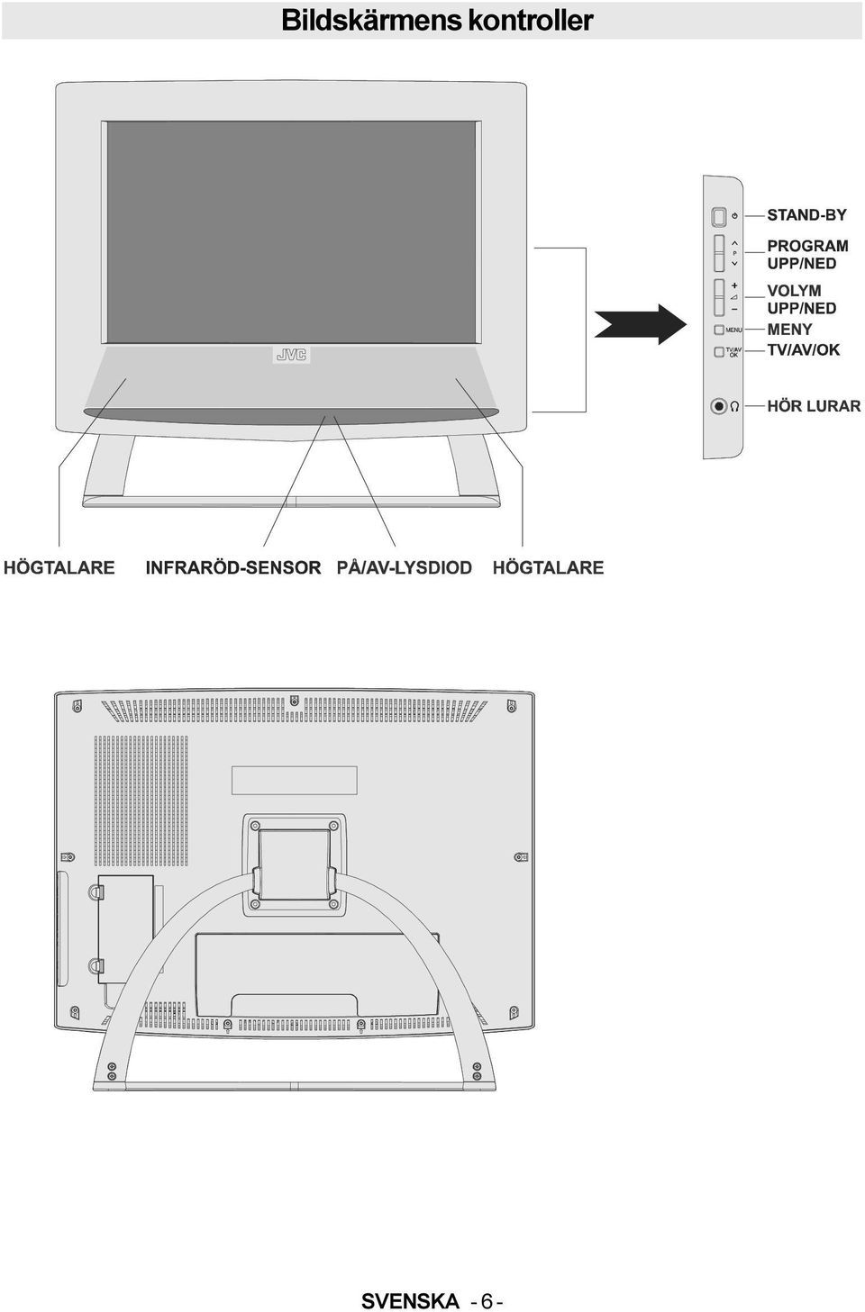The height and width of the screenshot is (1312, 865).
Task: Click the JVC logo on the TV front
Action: tap(291, 355)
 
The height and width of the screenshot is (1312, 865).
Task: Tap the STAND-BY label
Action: tap(806, 215)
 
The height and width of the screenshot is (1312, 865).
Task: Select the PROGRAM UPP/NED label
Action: tap(807, 254)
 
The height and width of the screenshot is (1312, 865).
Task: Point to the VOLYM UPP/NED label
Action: tap(802, 299)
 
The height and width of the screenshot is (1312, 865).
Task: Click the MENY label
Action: tap(789, 330)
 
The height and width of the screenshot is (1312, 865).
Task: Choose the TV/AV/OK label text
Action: tap(803, 349)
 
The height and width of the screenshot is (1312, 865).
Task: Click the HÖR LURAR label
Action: tap(814, 405)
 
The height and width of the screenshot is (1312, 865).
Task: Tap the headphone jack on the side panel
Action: tap(718, 406)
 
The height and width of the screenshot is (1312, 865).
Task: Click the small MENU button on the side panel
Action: tap(719, 330)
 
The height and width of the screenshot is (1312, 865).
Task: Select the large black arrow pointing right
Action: tap(640, 324)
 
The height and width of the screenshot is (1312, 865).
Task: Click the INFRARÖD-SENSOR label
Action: tap(233, 567)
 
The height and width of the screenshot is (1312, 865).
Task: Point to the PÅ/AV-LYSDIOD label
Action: tap(405, 567)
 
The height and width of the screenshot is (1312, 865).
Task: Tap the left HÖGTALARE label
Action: tap(59, 567)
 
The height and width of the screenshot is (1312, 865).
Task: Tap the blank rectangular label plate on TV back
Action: tap(295, 780)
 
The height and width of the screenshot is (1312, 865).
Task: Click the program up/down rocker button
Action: tap(719, 254)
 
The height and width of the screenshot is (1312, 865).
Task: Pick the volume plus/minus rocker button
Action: tap(719, 297)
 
